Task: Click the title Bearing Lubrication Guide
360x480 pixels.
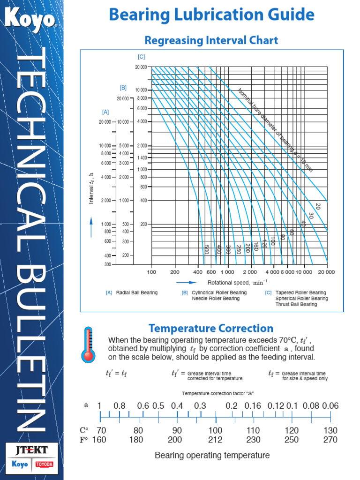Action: tap(211, 15)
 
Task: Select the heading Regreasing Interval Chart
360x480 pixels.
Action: tap(211, 40)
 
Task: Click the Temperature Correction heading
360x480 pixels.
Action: tap(211, 328)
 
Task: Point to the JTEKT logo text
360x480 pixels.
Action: tap(31, 450)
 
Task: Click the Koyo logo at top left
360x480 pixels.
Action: tap(30, 19)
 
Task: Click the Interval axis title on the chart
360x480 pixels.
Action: tap(92, 187)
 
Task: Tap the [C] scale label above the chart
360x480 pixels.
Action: tap(142, 57)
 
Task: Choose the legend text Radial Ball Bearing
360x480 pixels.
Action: tap(137, 293)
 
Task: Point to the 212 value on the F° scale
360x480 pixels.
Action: tap(215, 440)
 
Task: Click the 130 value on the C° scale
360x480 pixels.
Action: tap(330, 430)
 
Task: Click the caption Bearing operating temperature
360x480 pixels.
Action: tap(212, 455)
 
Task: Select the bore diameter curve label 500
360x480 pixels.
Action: tap(205, 249)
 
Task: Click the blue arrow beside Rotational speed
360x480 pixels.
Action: tap(186, 283)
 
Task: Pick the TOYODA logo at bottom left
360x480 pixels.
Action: tap(45, 465)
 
